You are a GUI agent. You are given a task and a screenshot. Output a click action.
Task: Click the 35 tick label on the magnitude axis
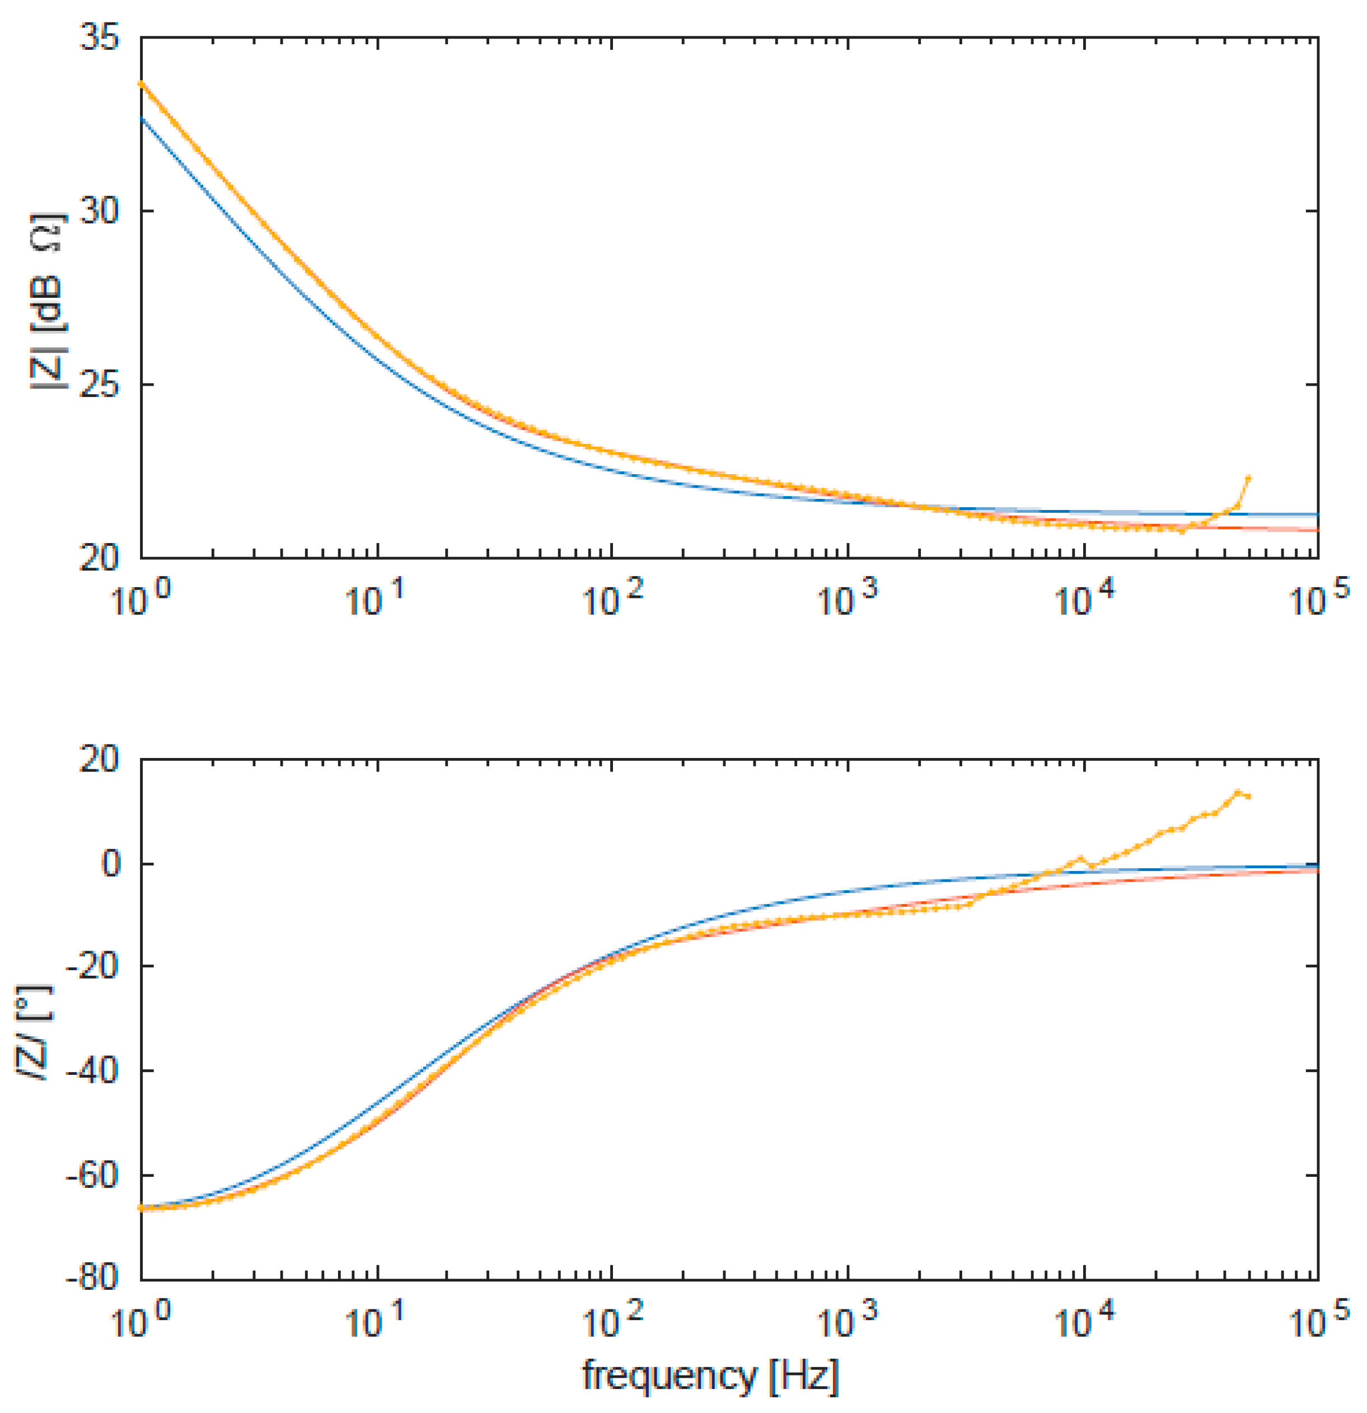100,38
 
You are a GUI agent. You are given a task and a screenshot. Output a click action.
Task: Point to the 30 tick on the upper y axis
100,211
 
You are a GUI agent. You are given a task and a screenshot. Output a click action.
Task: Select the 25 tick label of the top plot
100,384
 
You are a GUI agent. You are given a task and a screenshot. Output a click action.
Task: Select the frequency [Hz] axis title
710,1375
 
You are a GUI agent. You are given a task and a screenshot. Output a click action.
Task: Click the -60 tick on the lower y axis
92,1175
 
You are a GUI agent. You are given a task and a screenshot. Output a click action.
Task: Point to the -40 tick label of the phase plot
92,1070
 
